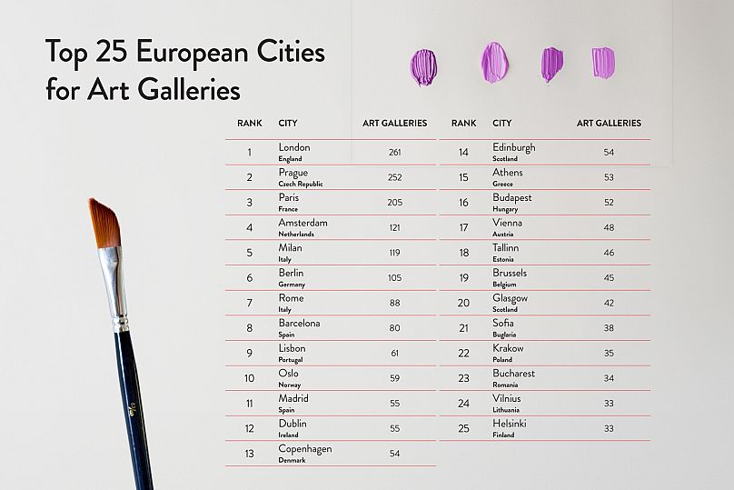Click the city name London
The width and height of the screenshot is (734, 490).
pyautogui.click(x=294, y=147)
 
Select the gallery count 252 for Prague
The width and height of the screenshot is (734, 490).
pyautogui.click(x=394, y=177)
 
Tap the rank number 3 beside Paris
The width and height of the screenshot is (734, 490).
pyautogui.click(x=249, y=203)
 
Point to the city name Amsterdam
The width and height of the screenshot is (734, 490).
pyautogui.click(x=303, y=223)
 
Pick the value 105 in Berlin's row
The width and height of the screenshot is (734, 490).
pyautogui.click(x=394, y=278)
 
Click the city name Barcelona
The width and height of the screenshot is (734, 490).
pyautogui.click(x=299, y=323)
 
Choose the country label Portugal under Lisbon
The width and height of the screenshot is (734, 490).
pyautogui.click(x=292, y=360)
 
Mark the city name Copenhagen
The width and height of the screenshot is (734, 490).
pyautogui.click(x=305, y=449)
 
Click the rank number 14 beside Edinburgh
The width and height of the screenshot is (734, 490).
pyautogui.click(x=463, y=152)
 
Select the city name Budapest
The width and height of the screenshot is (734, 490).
pyautogui.click(x=512, y=197)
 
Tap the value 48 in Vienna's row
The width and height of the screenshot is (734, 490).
pyautogui.click(x=609, y=227)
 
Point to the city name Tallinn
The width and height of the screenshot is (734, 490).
pyautogui.click(x=506, y=247)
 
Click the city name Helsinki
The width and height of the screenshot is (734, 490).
pyautogui.click(x=510, y=424)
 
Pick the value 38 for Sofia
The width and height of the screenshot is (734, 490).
pyautogui.click(x=609, y=328)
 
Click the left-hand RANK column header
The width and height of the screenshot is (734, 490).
pyautogui.click(x=250, y=123)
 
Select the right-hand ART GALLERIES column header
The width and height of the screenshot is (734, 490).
pyautogui.click(x=609, y=123)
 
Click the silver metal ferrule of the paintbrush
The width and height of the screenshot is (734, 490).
pyautogui.click(x=115, y=286)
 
